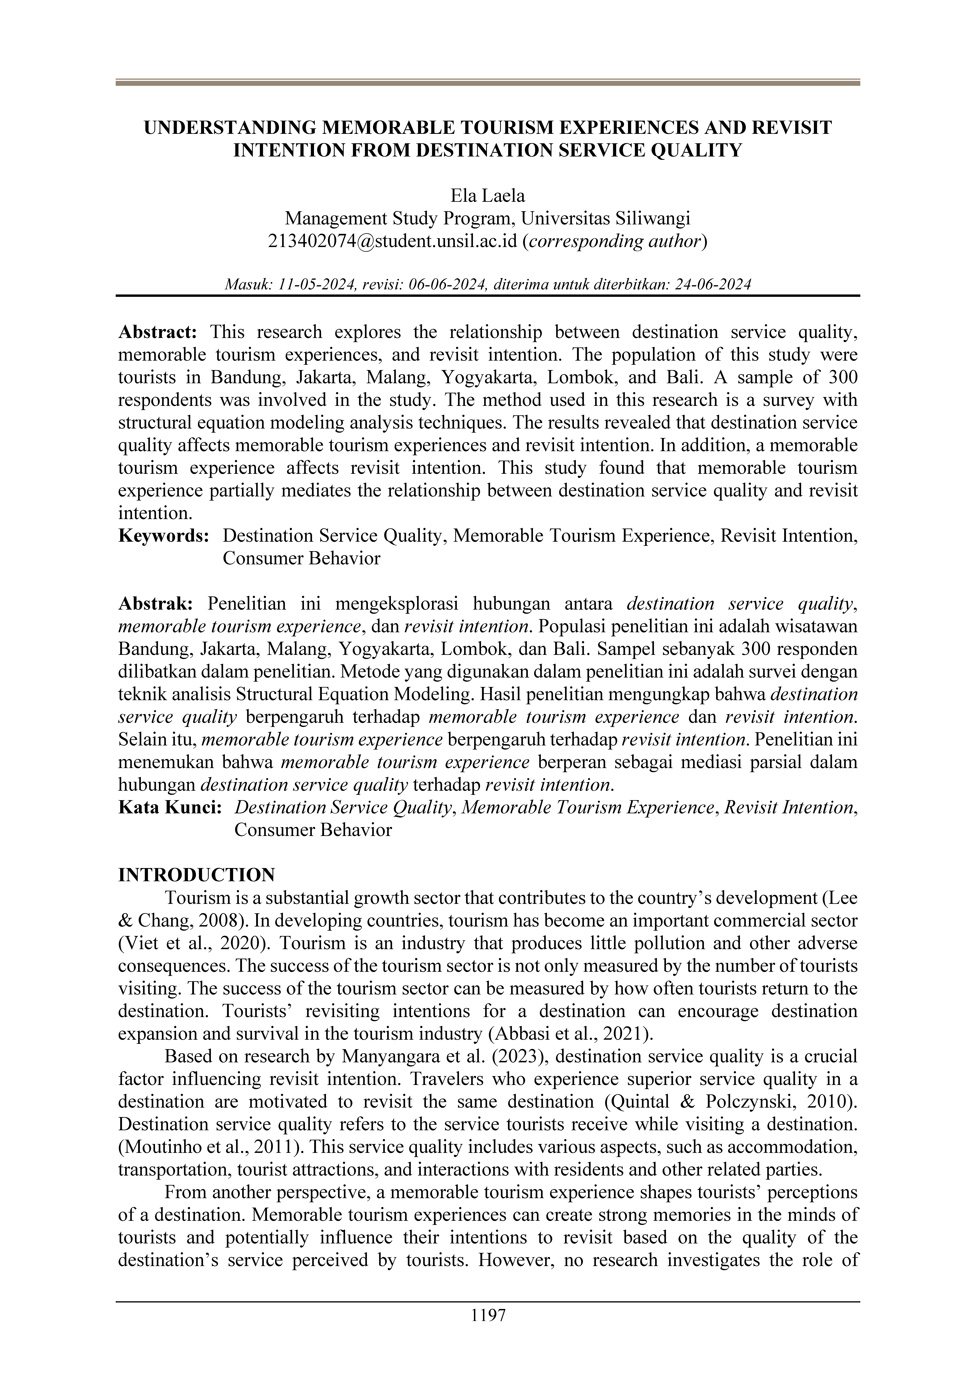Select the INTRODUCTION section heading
point(197,875)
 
